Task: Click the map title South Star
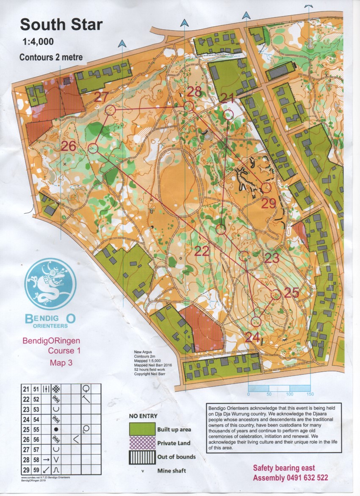pos(61,25)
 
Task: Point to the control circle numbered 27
pos(110,110)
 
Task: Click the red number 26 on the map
pos(69,146)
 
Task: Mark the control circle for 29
pos(266,187)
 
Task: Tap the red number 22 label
pos(202,251)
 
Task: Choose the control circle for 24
pos(256,322)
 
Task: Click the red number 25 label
pos(292,293)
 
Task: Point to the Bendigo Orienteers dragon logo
pos(50,284)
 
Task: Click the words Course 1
pos(64,351)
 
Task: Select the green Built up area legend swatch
pos(142,429)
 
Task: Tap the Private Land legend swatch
pos(142,443)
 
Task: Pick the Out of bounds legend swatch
pos(142,457)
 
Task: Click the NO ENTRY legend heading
pos(144,416)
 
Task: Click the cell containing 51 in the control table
pos(36,389)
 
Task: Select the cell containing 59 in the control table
pos(36,470)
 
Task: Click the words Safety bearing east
pos(284,468)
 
